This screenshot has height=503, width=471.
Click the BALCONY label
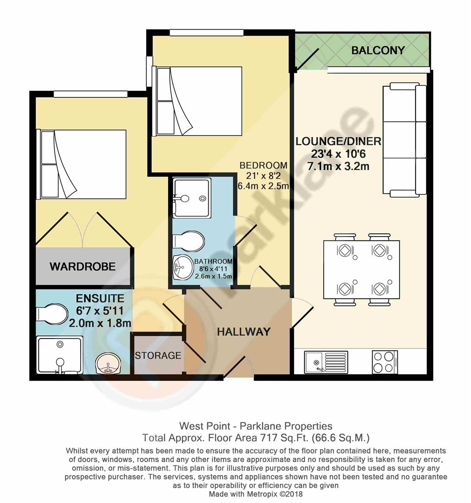(x=378, y=50)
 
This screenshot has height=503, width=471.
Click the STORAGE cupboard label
(x=158, y=355)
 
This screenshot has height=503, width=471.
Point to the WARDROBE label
(x=82, y=267)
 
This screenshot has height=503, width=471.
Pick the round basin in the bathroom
(x=183, y=267)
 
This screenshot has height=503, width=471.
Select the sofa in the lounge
(x=404, y=139)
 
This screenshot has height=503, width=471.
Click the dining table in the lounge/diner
(x=362, y=270)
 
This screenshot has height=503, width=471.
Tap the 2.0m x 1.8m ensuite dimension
(x=100, y=323)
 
